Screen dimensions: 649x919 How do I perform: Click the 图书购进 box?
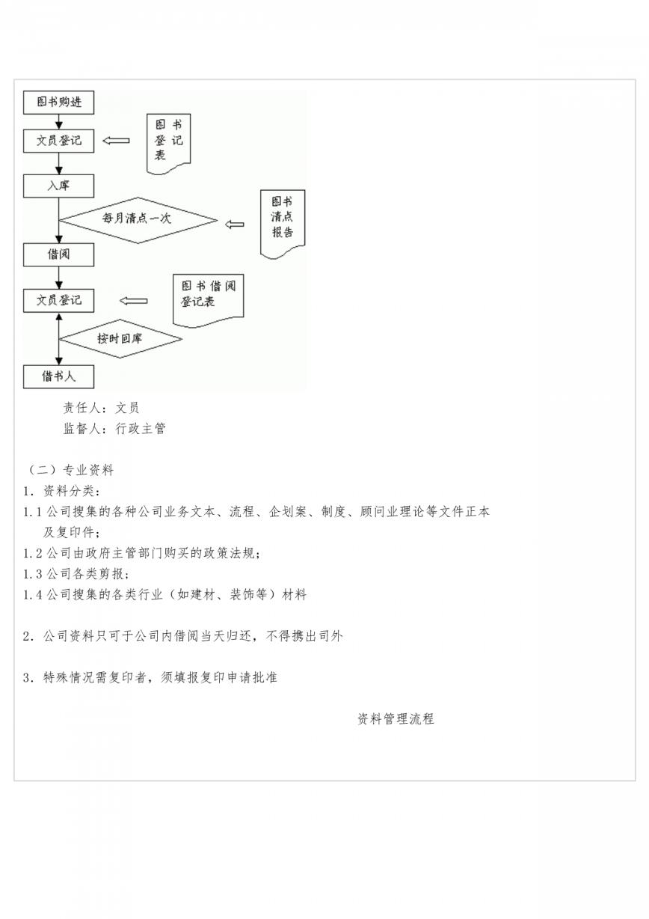(x=58, y=103)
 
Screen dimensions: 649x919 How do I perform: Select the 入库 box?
(x=58, y=186)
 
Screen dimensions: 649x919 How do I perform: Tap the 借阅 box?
(x=58, y=254)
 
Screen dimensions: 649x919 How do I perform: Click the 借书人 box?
(x=58, y=376)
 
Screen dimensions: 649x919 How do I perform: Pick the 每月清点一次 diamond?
(x=138, y=220)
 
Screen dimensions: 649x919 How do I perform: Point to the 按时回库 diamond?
(x=120, y=339)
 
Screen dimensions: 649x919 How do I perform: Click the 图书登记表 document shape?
(x=168, y=144)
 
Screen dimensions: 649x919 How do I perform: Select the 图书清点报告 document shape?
(x=283, y=224)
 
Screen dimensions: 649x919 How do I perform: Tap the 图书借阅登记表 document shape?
(x=209, y=301)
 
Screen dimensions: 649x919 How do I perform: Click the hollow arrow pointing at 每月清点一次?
(x=235, y=225)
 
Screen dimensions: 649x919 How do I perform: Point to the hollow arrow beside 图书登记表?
(x=116, y=141)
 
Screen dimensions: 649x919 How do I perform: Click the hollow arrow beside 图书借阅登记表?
(x=134, y=301)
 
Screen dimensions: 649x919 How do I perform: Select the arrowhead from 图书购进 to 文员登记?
(x=59, y=125)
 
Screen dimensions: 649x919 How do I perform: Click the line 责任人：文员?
(x=101, y=408)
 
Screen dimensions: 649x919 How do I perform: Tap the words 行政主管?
(x=141, y=429)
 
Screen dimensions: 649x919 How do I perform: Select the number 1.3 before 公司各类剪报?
(x=33, y=574)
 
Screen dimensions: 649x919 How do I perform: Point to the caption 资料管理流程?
(x=396, y=718)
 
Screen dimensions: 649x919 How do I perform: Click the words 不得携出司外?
(x=304, y=636)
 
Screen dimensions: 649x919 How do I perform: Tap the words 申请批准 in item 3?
(x=252, y=677)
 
